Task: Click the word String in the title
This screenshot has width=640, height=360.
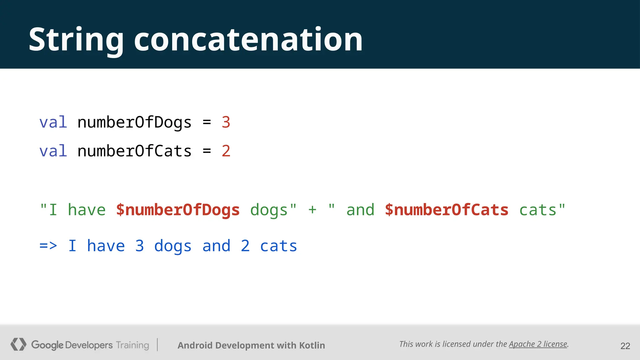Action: [x=76, y=40]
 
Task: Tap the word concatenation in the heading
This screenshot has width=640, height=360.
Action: [x=248, y=40]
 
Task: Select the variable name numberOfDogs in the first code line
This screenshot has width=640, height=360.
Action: [x=134, y=122]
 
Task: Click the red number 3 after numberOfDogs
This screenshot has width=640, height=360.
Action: [x=226, y=122]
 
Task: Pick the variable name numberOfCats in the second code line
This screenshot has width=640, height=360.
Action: [x=134, y=151]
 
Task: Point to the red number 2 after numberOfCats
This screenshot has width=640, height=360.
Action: [x=226, y=151]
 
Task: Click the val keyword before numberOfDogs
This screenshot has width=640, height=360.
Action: [x=53, y=122]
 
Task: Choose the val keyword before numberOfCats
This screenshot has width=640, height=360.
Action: [x=53, y=151]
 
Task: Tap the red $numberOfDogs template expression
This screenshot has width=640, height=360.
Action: [x=178, y=210]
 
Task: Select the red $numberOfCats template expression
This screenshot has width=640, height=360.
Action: [x=447, y=210]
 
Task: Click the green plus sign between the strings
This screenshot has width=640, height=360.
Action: [x=312, y=210]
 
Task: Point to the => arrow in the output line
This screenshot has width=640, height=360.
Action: [x=48, y=246]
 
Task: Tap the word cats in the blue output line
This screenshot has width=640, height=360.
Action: [x=278, y=246]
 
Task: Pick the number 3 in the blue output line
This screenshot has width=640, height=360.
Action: [x=140, y=246]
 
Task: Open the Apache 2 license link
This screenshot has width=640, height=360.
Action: [x=538, y=344]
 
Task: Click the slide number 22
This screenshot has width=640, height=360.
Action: [x=625, y=346]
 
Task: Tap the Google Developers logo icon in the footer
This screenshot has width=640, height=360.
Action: [x=18, y=344]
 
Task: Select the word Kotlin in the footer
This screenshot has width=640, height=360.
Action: [x=312, y=345]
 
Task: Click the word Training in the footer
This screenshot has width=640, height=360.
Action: [x=132, y=345]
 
